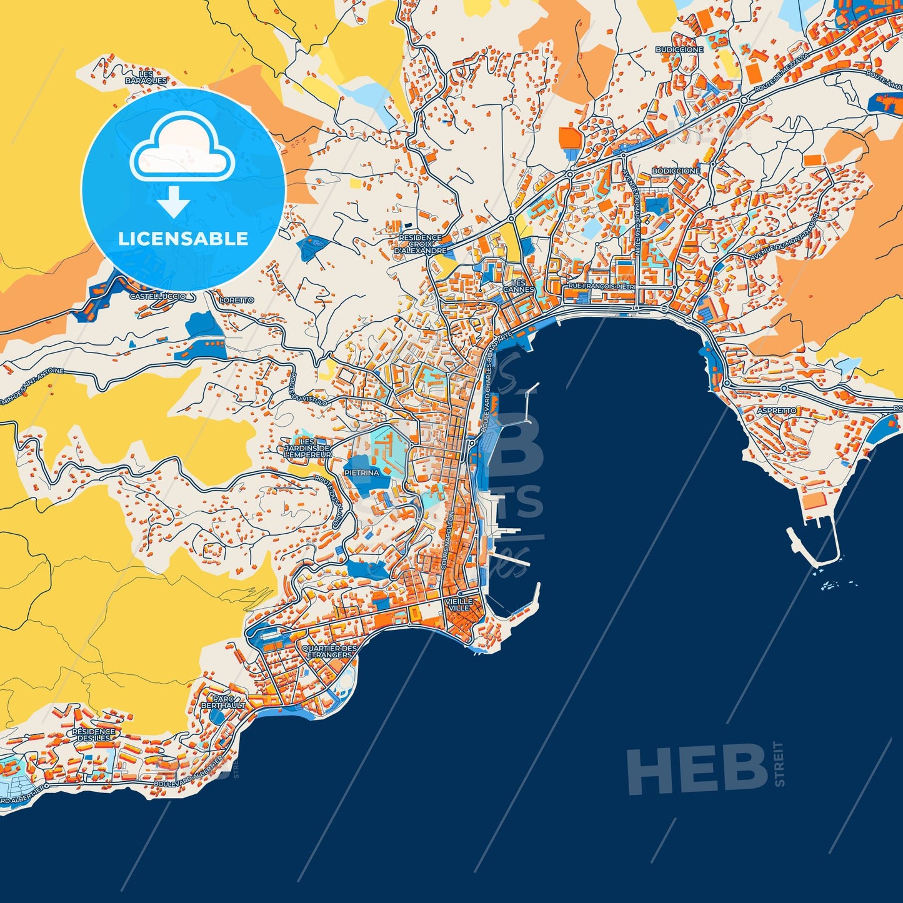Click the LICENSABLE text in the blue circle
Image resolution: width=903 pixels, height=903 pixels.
pyautogui.click(x=183, y=239)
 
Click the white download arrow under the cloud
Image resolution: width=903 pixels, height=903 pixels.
pyautogui.click(x=174, y=202)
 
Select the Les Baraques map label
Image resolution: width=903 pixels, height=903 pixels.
pyautogui.click(x=146, y=77)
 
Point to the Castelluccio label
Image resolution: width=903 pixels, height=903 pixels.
pyautogui.click(x=157, y=296)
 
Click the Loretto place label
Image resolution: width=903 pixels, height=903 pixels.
pyautogui.click(x=237, y=301)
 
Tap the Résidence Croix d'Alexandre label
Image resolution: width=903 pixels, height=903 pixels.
pyautogui.click(x=421, y=244)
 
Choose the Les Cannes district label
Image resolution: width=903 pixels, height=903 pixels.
pyautogui.click(x=519, y=286)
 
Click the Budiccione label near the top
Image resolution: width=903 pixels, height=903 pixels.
pyautogui.click(x=679, y=49)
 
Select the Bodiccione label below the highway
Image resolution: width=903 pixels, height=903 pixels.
pyautogui.click(x=676, y=171)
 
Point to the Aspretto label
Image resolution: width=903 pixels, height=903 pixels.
pyautogui.click(x=776, y=411)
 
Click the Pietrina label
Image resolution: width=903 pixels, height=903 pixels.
pyautogui.click(x=361, y=473)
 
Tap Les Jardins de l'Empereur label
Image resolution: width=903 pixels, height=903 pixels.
pyautogui.click(x=307, y=449)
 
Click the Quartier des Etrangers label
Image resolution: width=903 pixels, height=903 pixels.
pyautogui.click(x=329, y=651)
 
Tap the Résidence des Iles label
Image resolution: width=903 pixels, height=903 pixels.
pyautogui.click(x=94, y=734)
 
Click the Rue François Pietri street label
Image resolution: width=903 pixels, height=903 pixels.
pyautogui.click(x=601, y=286)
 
